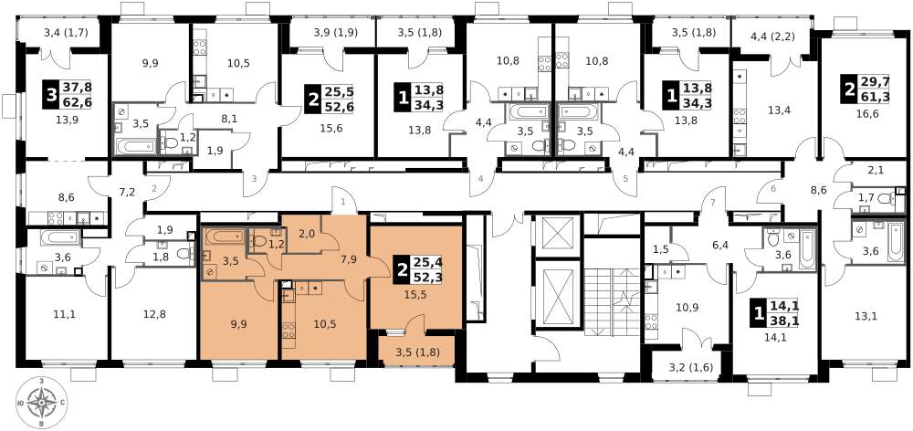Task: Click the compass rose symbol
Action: click(x=41, y=401)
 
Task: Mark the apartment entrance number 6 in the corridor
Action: click(x=772, y=189)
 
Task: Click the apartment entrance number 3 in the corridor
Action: click(x=254, y=179)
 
